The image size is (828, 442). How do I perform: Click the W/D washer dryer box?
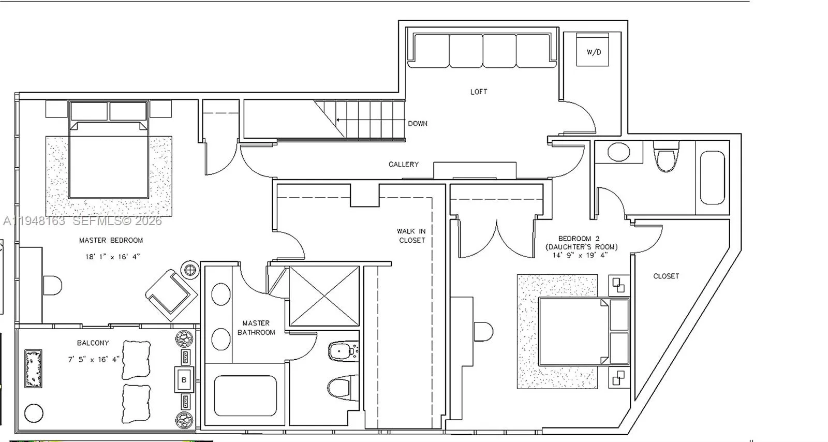pyautogui.click(x=593, y=52)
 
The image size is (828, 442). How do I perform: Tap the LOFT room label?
pyautogui.click(x=479, y=92)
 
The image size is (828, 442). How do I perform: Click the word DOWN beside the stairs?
pyautogui.click(x=418, y=124)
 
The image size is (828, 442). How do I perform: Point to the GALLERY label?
pyautogui.click(x=404, y=164)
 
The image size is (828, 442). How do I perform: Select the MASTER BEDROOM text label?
pyautogui.click(x=111, y=240)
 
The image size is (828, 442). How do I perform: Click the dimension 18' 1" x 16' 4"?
pyautogui.click(x=113, y=257)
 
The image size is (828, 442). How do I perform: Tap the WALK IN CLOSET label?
pyautogui.click(x=411, y=235)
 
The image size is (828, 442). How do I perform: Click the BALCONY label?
pyautogui.click(x=93, y=343)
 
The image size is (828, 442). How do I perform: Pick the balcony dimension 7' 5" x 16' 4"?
pyautogui.click(x=94, y=359)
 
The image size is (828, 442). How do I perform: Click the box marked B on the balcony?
pyautogui.click(x=184, y=380)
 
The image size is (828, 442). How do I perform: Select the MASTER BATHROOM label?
pyautogui.click(x=256, y=328)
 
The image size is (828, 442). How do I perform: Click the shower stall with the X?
pyautogui.click(x=324, y=296)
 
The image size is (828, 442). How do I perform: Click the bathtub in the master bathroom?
pyautogui.click(x=245, y=395)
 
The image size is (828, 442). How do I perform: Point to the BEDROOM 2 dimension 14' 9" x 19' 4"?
pyautogui.click(x=580, y=255)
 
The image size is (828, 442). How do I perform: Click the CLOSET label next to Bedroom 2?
pyautogui.click(x=666, y=276)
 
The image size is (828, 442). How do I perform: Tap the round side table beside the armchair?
pyautogui.click(x=190, y=270)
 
